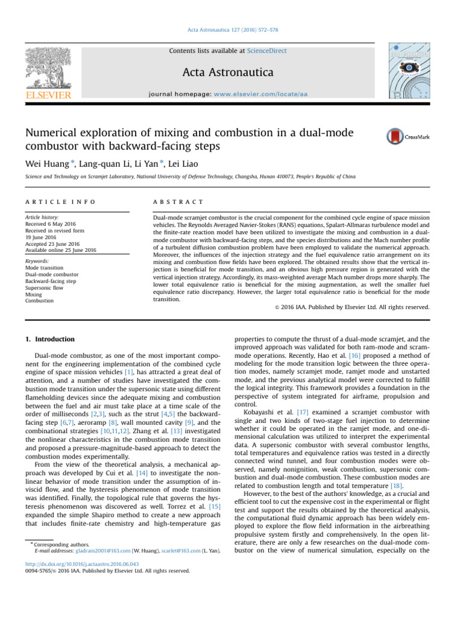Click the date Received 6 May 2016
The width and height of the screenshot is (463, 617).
pyautogui.click(x=52, y=224)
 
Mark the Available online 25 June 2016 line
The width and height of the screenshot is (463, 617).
pyautogui.click(x=61, y=249)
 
